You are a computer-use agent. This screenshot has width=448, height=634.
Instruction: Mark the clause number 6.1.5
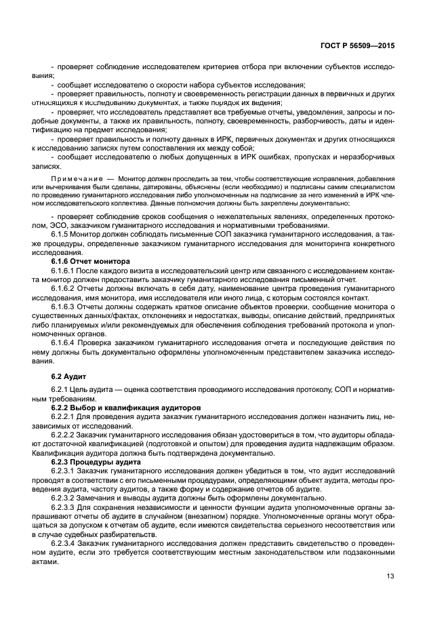[x=62, y=233]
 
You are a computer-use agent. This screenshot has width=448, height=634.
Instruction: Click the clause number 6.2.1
[x=62, y=389]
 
